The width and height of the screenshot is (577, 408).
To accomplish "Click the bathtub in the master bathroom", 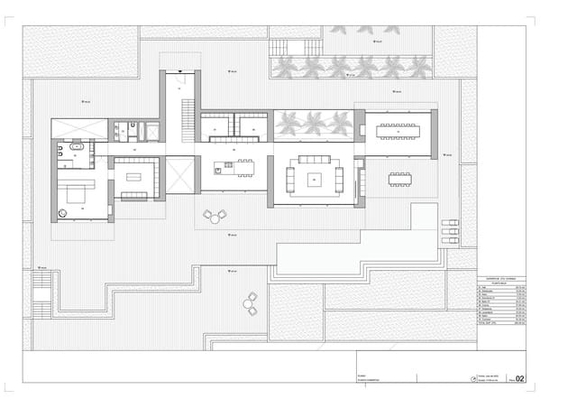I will pyautogui.click(x=77, y=145).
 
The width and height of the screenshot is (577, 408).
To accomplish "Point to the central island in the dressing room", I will pyautogui.click(x=136, y=177).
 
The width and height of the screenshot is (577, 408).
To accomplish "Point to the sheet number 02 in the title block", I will pyautogui.click(x=519, y=379).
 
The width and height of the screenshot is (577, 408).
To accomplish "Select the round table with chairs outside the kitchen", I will pyautogui.click(x=215, y=216).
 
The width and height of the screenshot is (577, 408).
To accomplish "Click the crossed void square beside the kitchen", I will pyautogui.click(x=180, y=173).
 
